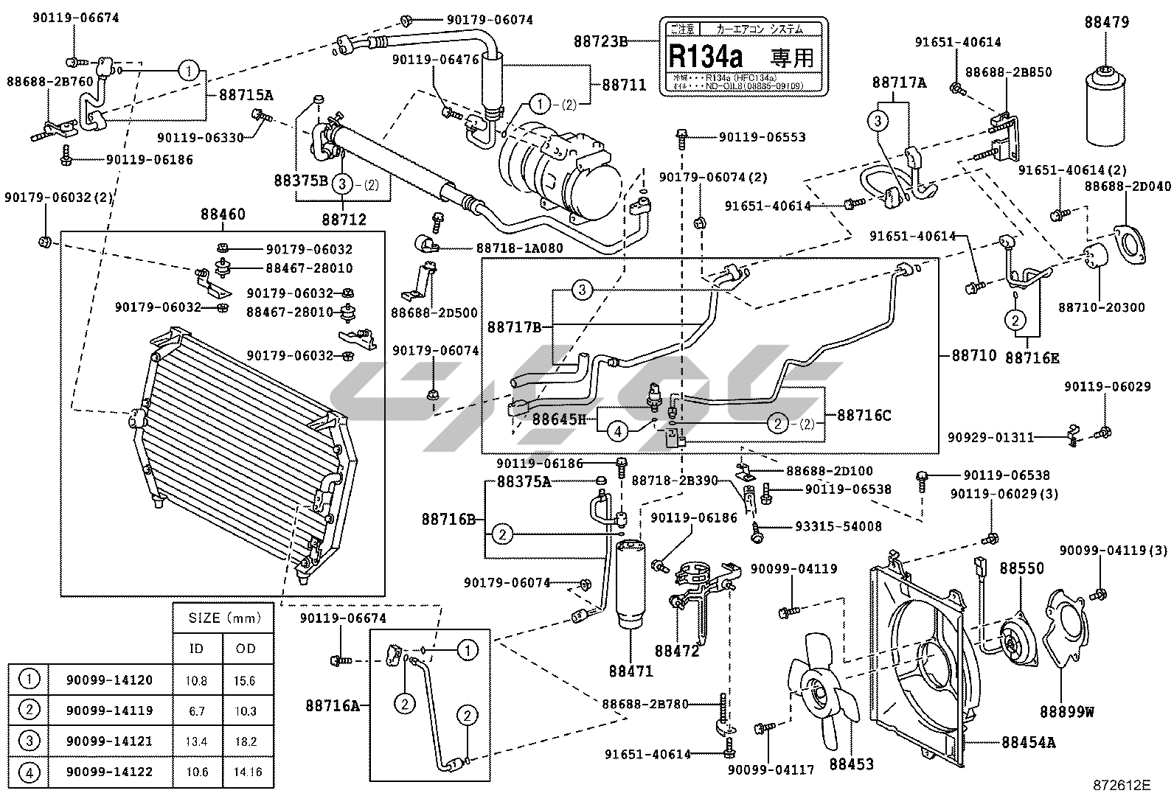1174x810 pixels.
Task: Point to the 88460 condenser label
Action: tap(223, 214)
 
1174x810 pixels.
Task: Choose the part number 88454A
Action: tap(1028, 742)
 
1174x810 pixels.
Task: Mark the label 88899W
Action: tap(1066, 712)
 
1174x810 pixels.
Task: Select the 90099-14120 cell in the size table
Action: tap(110, 680)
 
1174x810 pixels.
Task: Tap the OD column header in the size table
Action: tap(246, 649)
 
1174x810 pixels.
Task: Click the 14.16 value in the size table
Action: tap(246, 772)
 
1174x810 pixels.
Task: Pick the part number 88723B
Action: tap(600, 41)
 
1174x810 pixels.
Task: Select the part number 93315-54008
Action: tap(838, 526)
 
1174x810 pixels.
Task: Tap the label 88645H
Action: tap(559, 420)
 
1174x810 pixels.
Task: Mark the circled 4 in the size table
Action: tap(29, 772)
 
